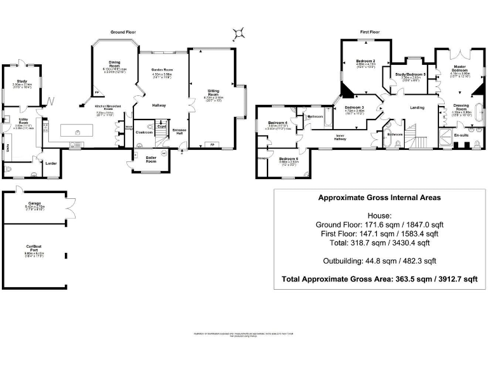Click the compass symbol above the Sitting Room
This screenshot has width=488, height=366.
click(239, 32)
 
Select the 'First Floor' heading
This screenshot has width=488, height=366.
click(373, 31)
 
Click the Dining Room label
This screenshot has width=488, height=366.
click(114, 64)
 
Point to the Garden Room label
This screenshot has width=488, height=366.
click(162, 70)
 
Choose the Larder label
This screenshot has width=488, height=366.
click(51, 163)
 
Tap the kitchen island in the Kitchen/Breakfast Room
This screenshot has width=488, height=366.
click(77, 131)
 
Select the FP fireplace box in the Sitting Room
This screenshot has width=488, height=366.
click(213, 145)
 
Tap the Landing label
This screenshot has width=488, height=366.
click(417, 107)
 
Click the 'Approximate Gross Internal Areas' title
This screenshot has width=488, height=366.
click(379, 198)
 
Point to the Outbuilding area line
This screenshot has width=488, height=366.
click(379, 261)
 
